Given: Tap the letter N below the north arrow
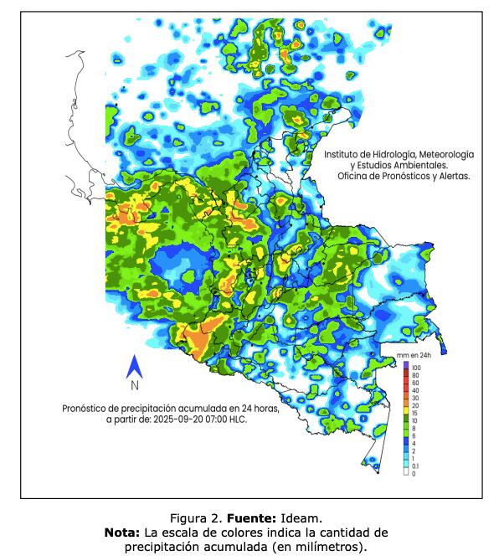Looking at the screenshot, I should point(134,386).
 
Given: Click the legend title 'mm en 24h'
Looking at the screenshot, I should point(414,357).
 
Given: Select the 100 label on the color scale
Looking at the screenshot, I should point(415,368).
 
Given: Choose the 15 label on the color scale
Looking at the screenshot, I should point(414,413).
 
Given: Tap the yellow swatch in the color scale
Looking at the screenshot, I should point(405,405).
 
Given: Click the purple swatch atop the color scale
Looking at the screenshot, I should point(405,365).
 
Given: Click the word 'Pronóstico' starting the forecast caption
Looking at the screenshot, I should point(86,408).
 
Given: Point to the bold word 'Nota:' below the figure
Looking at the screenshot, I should point(122,533).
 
